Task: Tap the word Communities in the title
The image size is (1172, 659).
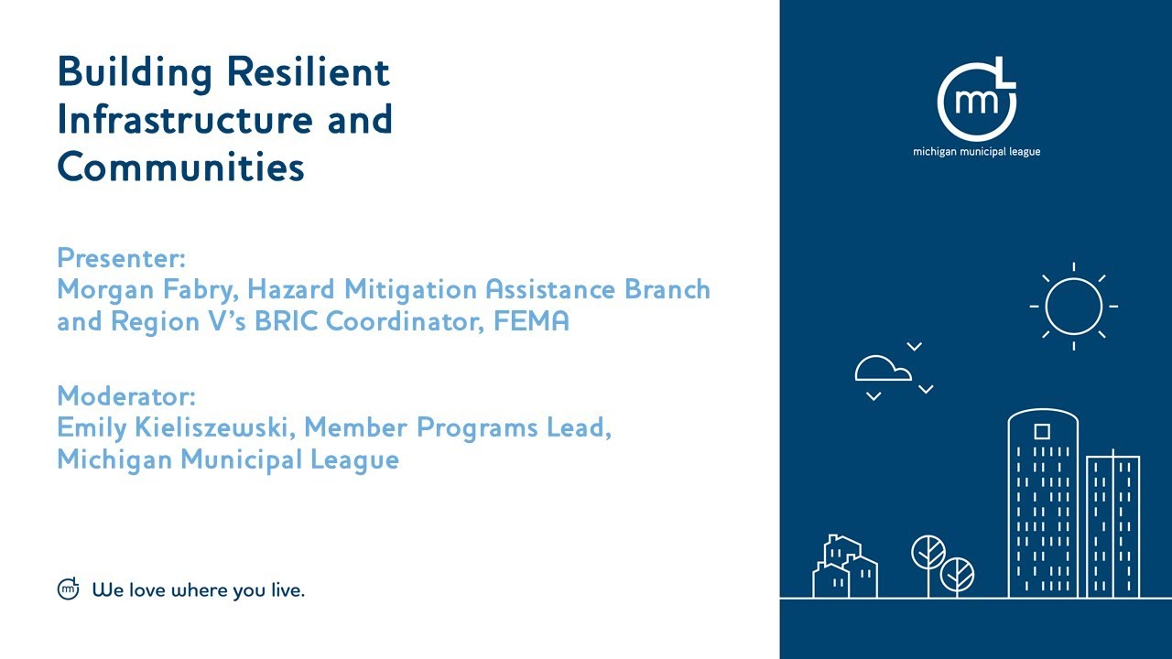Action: (x=180, y=167)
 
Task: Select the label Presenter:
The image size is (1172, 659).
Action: (x=122, y=256)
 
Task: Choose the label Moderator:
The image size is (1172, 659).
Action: (x=126, y=396)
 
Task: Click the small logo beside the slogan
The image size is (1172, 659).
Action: (x=69, y=589)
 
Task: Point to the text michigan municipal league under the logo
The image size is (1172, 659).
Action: (x=976, y=152)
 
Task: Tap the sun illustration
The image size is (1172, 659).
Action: (x=1073, y=306)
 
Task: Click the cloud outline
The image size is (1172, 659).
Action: (x=883, y=369)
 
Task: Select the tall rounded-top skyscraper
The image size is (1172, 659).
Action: (x=1043, y=503)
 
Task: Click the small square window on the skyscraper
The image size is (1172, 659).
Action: (x=1042, y=431)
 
